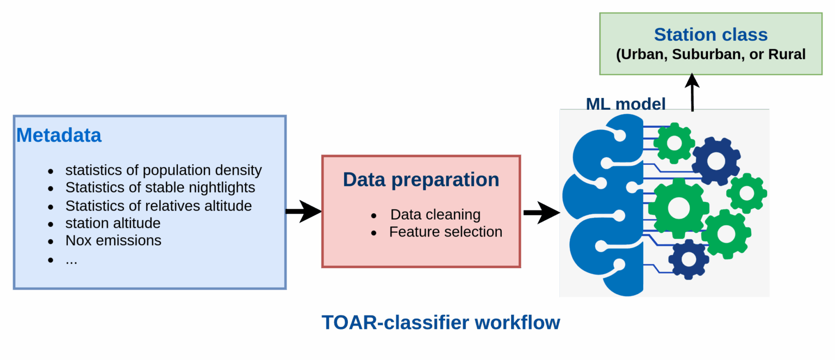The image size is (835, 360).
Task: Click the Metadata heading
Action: (59, 135)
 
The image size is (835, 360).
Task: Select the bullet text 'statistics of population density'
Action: (163, 170)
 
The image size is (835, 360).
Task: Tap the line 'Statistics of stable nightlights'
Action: (160, 188)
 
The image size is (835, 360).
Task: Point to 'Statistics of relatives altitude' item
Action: (158, 206)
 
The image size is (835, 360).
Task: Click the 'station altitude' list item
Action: (113, 224)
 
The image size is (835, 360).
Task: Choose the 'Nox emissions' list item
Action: (113, 240)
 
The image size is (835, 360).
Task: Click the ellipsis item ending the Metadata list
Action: (71, 259)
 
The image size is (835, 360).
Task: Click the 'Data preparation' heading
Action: (421, 179)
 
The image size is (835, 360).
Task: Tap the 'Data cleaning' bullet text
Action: (435, 215)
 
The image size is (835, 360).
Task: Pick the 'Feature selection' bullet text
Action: (445, 232)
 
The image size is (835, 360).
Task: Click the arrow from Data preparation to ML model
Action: (541, 212)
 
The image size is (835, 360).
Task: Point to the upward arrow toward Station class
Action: (692, 92)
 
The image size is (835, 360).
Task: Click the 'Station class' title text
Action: (711, 35)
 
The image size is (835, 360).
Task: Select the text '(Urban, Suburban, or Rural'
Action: (711, 55)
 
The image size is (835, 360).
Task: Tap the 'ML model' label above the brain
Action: (625, 104)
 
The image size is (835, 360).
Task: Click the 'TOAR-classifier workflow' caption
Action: (441, 322)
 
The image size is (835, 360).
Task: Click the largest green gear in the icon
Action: (678, 207)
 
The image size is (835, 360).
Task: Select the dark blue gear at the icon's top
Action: (716, 160)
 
